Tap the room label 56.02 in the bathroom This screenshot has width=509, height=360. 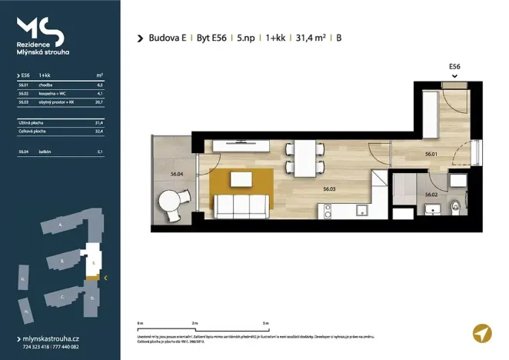431,195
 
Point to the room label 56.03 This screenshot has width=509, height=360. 330,188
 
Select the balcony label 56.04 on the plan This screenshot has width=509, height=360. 176,175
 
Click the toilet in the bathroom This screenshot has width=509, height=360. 457,205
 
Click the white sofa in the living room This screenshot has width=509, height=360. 241,205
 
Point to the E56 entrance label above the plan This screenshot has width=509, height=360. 454,67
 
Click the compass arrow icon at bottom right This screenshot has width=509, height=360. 481,333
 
